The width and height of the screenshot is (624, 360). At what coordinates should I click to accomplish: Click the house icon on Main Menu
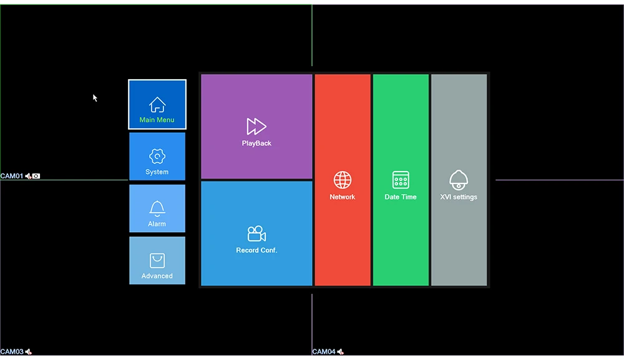click(157, 104)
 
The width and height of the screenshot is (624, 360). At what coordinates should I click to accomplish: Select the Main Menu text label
click(157, 120)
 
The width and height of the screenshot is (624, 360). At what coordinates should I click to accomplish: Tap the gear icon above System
click(157, 156)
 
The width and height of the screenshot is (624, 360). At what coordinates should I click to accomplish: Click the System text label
click(157, 172)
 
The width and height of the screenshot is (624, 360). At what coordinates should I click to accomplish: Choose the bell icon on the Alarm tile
click(157, 208)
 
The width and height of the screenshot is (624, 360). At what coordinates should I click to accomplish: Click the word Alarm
click(157, 224)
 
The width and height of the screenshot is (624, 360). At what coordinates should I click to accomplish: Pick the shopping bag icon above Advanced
click(157, 261)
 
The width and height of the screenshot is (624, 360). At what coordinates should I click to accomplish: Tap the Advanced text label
click(157, 276)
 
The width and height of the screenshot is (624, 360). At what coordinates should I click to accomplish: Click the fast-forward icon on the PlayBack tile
click(256, 127)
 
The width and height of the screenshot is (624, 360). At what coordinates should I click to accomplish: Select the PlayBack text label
click(256, 144)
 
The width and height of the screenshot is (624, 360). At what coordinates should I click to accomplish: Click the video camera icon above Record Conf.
click(256, 234)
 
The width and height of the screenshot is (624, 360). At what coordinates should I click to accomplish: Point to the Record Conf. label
click(256, 250)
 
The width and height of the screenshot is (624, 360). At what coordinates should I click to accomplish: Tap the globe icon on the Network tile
click(343, 180)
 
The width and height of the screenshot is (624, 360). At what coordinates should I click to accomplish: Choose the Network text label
click(343, 197)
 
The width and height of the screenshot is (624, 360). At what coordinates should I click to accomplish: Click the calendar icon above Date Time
click(401, 180)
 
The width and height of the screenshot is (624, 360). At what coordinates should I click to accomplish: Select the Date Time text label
click(401, 197)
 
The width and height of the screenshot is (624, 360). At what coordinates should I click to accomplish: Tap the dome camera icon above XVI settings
click(459, 180)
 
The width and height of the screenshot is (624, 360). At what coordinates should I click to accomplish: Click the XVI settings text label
click(459, 197)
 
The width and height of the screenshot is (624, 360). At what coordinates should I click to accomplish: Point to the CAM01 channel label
click(12, 177)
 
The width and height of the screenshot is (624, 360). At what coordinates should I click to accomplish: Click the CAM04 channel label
click(324, 352)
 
